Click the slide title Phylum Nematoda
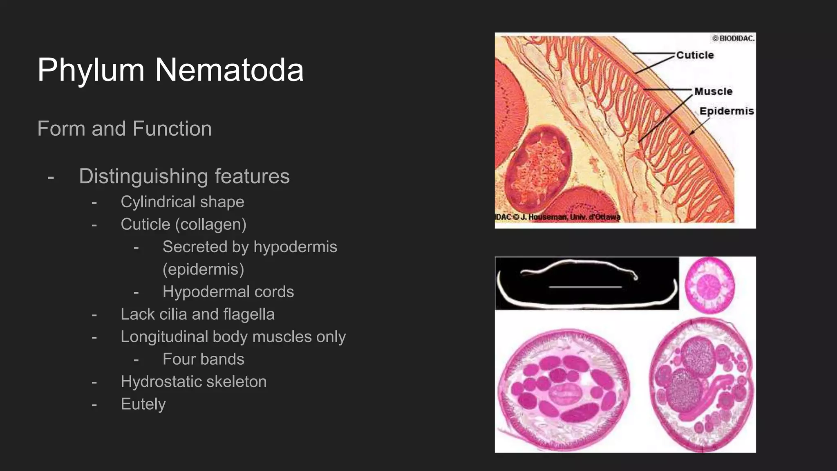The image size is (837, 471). point(170,70)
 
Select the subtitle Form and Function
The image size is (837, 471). point(124,128)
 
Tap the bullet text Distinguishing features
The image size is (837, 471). point(184,176)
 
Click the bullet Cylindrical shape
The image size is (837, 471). point(182,202)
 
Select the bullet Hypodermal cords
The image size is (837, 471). point(228,292)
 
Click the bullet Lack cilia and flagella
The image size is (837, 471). point(197,314)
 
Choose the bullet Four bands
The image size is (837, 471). point(203,359)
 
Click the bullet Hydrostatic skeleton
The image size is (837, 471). point(193,382)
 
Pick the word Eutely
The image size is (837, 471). point(143,404)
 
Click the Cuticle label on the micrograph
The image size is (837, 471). point(695,55)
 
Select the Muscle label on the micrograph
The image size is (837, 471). point(713,92)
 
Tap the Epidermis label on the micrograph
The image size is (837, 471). point(726,111)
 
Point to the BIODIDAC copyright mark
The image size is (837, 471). point(733,38)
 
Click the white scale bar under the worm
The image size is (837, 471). point(585,287)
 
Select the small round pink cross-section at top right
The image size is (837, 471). point(709,285)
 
